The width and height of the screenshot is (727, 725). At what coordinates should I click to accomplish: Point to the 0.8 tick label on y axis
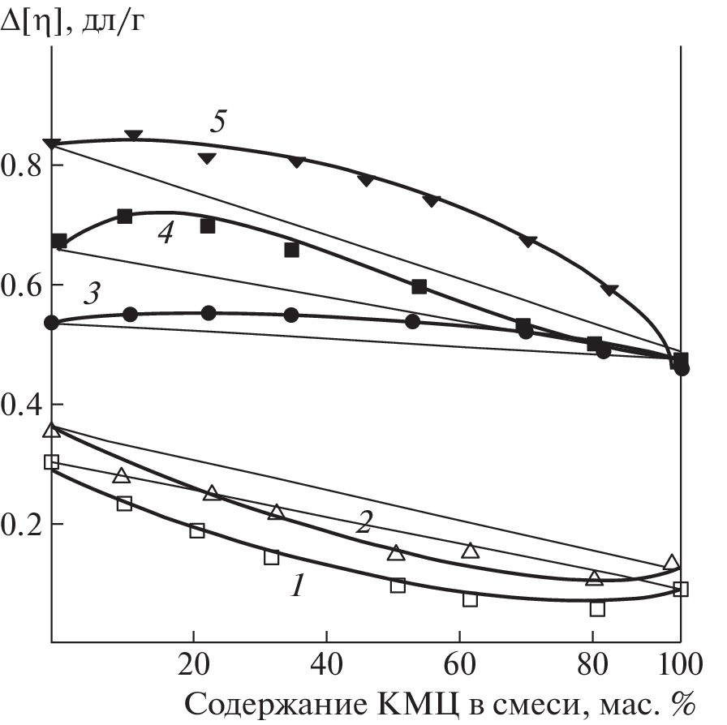click(x=23, y=166)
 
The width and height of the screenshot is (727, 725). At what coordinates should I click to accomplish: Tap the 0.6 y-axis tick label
click(x=23, y=285)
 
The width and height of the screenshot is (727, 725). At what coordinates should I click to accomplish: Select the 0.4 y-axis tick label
click(x=23, y=405)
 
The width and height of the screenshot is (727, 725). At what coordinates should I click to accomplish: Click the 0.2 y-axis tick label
click(x=23, y=524)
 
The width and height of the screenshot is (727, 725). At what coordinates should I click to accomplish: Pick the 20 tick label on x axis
click(x=193, y=667)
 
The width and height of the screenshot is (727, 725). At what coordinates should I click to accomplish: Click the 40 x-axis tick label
click(x=325, y=667)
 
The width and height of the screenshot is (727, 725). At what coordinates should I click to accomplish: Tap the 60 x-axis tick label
click(x=458, y=667)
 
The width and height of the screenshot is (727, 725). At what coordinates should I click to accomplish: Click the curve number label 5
click(x=217, y=122)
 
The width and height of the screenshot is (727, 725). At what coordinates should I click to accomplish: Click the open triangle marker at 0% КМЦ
click(x=52, y=429)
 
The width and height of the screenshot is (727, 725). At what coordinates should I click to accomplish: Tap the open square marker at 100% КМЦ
click(x=681, y=589)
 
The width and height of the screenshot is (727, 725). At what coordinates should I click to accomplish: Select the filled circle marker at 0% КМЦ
click(x=52, y=323)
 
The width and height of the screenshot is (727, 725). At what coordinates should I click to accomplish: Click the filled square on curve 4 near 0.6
click(x=419, y=286)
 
